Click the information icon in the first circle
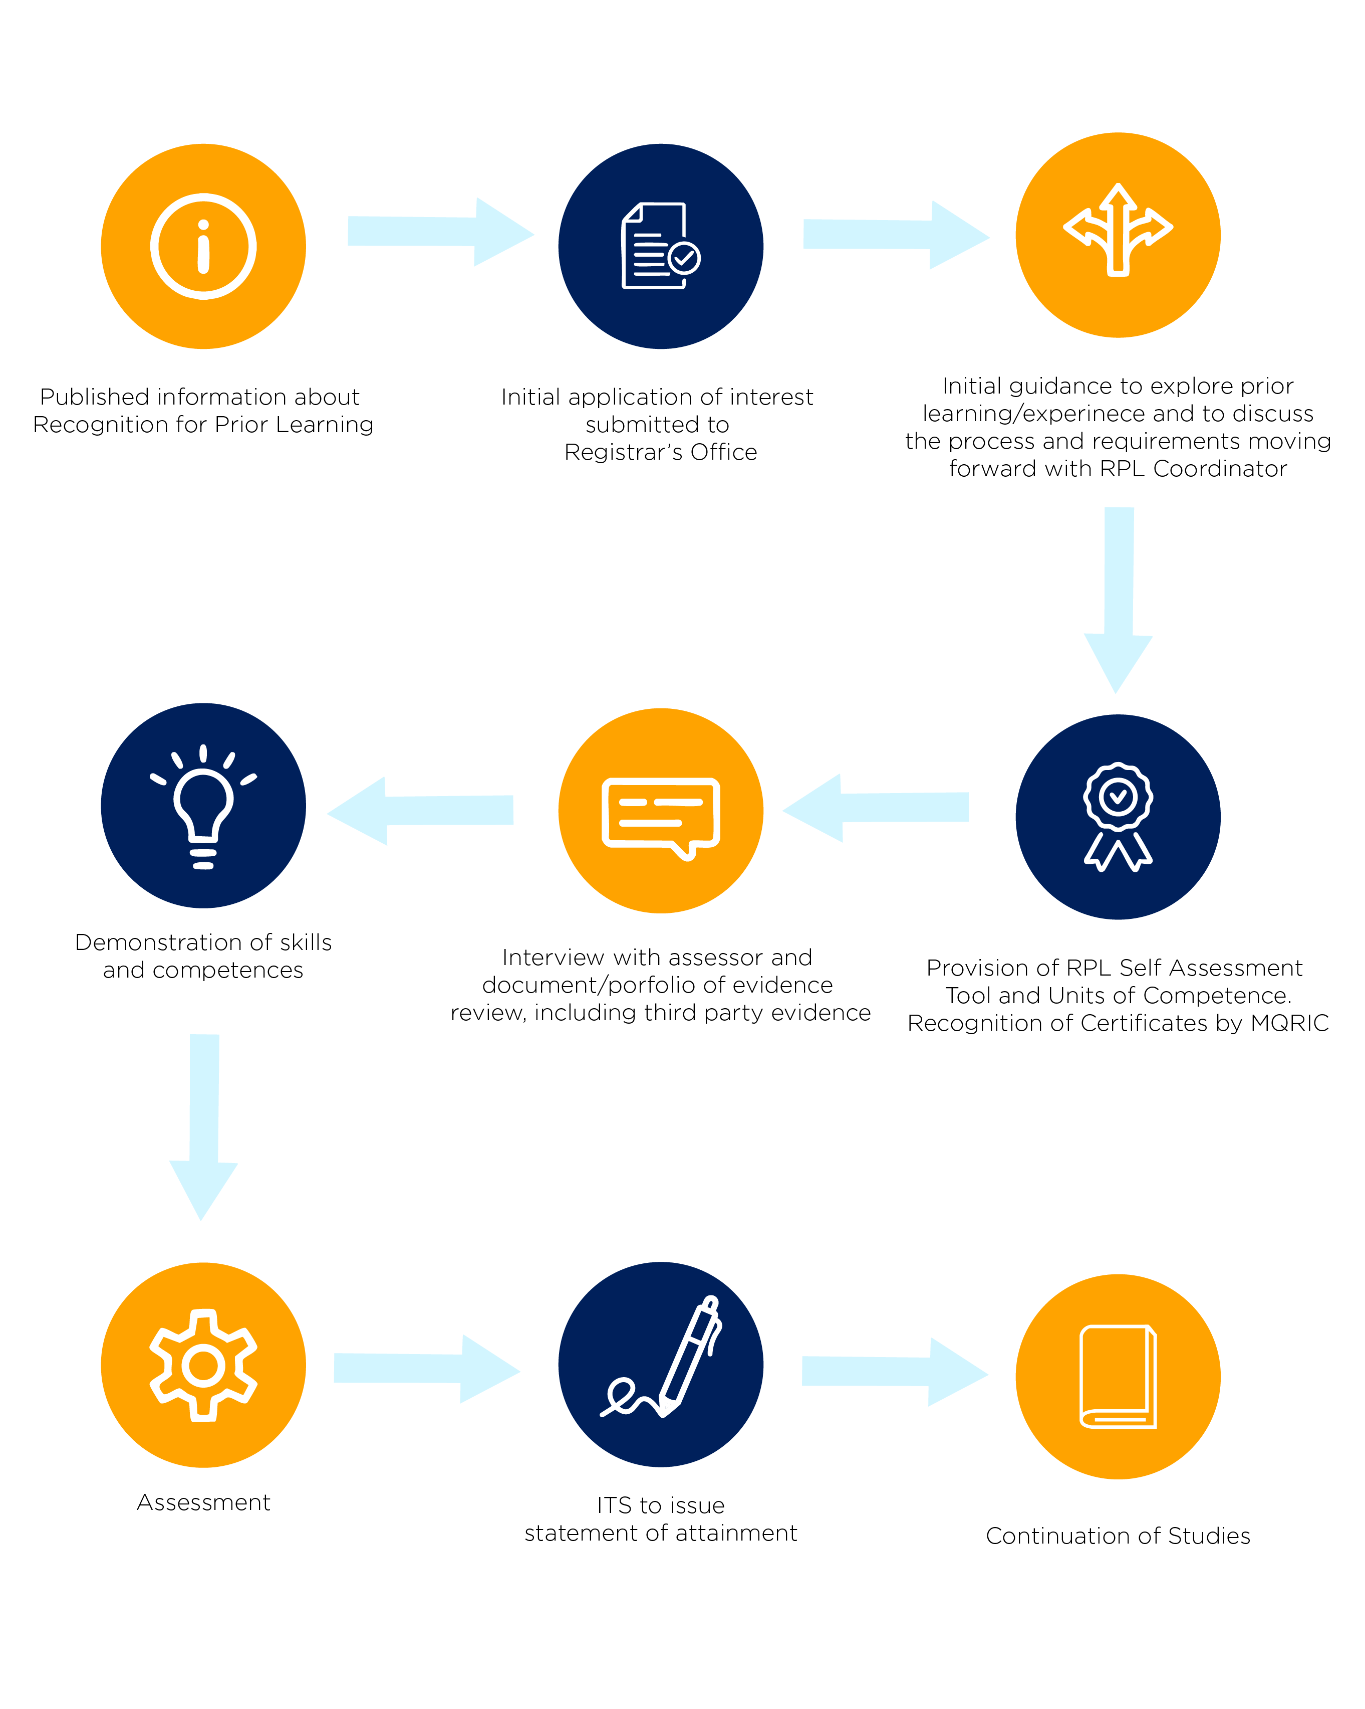point(203,247)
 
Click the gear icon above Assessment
point(203,1365)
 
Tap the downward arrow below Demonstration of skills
point(203,1125)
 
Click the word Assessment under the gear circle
point(203,1502)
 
